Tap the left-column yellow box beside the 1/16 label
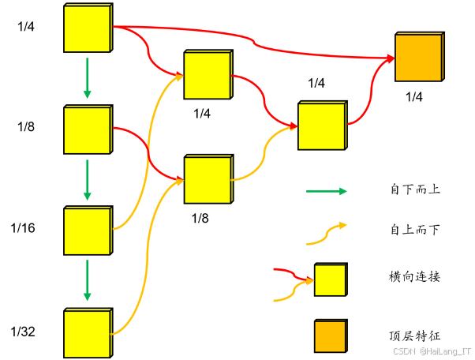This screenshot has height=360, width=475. point(86,231)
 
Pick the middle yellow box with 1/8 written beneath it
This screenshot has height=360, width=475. point(207,180)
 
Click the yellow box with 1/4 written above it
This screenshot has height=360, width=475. point(321,126)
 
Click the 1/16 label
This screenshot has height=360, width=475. point(23,228)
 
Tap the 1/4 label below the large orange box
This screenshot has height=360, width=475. point(414,97)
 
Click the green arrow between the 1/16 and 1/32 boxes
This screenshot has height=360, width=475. point(88,281)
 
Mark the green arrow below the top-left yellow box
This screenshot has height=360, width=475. point(88,81)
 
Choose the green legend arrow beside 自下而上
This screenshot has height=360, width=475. point(326,191)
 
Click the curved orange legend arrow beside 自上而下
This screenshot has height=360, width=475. point(326,231)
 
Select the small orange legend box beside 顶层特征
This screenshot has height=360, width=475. point(331,336)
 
